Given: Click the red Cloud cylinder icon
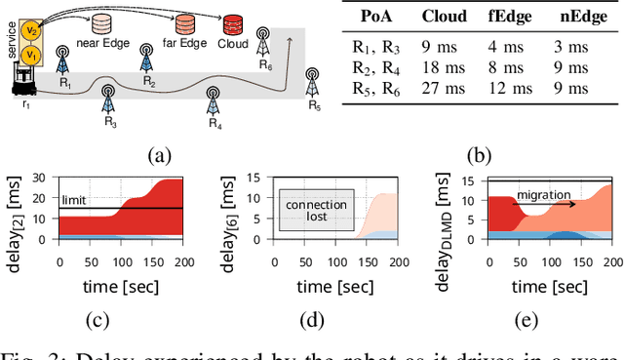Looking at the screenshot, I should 233,24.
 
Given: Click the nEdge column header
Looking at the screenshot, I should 582,17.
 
